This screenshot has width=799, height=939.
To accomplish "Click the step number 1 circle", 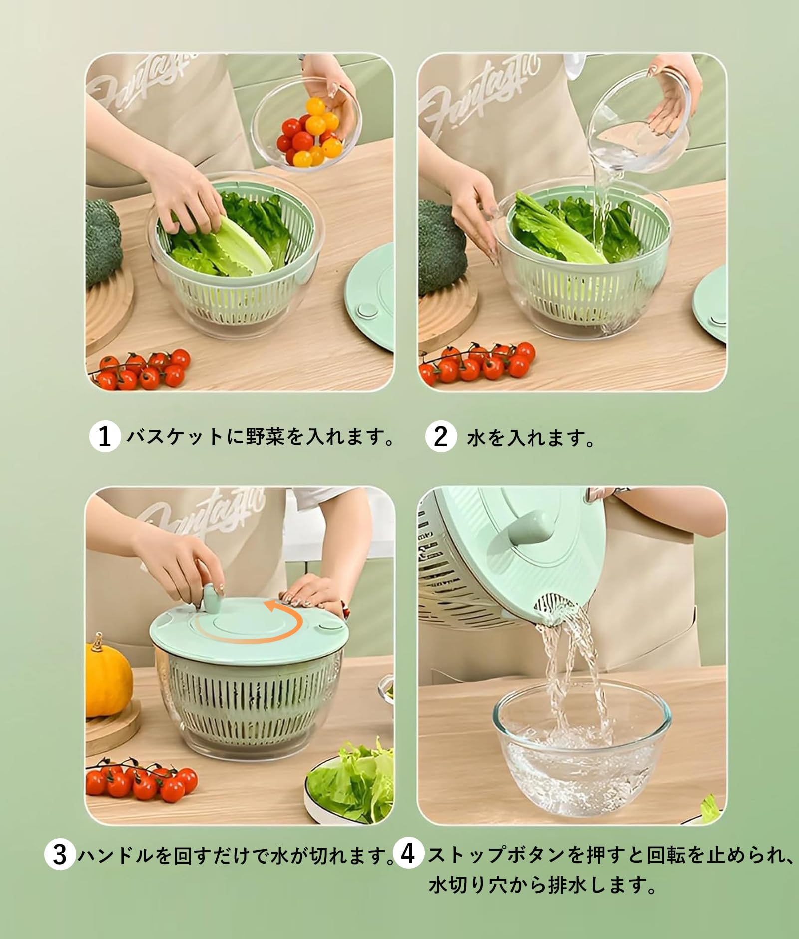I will [x=105, y=437].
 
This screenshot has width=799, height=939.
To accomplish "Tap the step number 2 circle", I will [x=441, y=437].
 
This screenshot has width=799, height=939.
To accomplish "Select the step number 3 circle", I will [x=60, y=855].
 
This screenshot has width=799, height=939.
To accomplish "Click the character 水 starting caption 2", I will [x=476, y=438].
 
